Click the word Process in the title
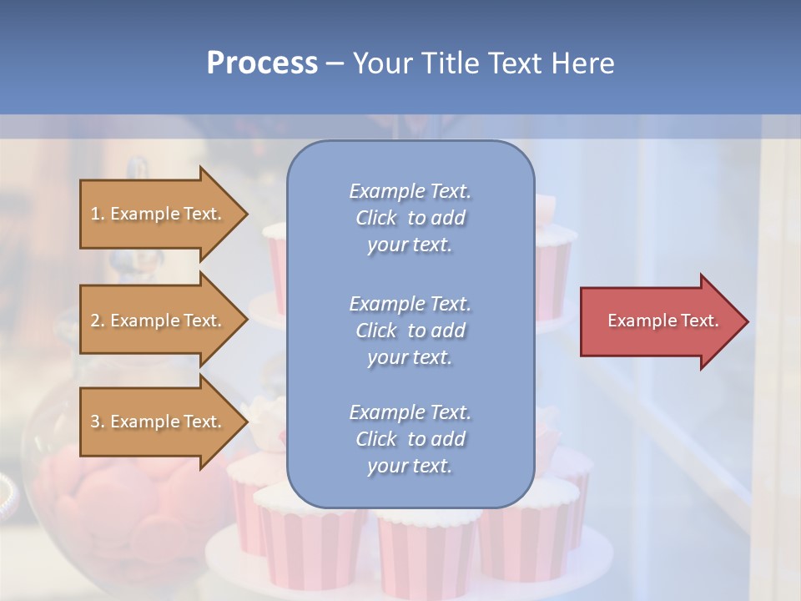click(x=262, y=63)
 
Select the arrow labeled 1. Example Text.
click(x=159, y=214)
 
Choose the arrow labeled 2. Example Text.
click(x=159, y=321)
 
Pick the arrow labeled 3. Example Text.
click(x=159, y=422)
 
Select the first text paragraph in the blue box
click(x=410, y=218)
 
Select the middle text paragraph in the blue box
click(x=410, y=331)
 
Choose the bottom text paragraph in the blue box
click(x=410, y=439)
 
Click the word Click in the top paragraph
click(x=376, y=218)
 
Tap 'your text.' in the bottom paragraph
click(x=410, y=466)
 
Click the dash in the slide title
click(x=335, y=63)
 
